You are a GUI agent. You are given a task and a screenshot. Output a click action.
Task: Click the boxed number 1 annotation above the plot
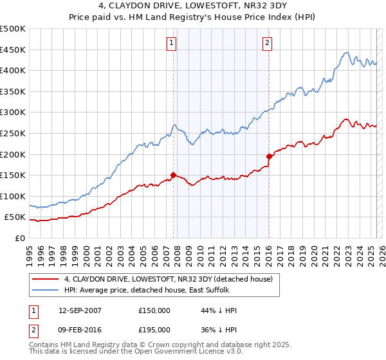tap(172, 44)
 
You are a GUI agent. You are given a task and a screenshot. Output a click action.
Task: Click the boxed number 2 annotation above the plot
tap(267, 44)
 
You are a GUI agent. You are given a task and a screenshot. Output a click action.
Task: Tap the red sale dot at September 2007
tap(173, 174)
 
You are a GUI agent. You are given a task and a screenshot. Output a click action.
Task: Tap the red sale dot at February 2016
tap(269, 156)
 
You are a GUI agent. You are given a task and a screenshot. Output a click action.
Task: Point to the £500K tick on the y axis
tap(13, 29)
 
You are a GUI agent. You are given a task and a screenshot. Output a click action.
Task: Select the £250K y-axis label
tap(13, 133)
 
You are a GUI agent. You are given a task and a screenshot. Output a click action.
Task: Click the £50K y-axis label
tap(15, 217)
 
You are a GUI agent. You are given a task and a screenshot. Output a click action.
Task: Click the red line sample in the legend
tap(46, 279)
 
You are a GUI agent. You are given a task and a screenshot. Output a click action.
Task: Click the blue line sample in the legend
tap(46, 290)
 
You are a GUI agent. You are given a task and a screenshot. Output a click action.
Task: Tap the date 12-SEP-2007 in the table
tap(79, 310)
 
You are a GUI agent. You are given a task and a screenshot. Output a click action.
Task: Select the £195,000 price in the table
tap(154, 329)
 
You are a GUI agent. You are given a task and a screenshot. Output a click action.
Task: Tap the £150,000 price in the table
tap(154, 310)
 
